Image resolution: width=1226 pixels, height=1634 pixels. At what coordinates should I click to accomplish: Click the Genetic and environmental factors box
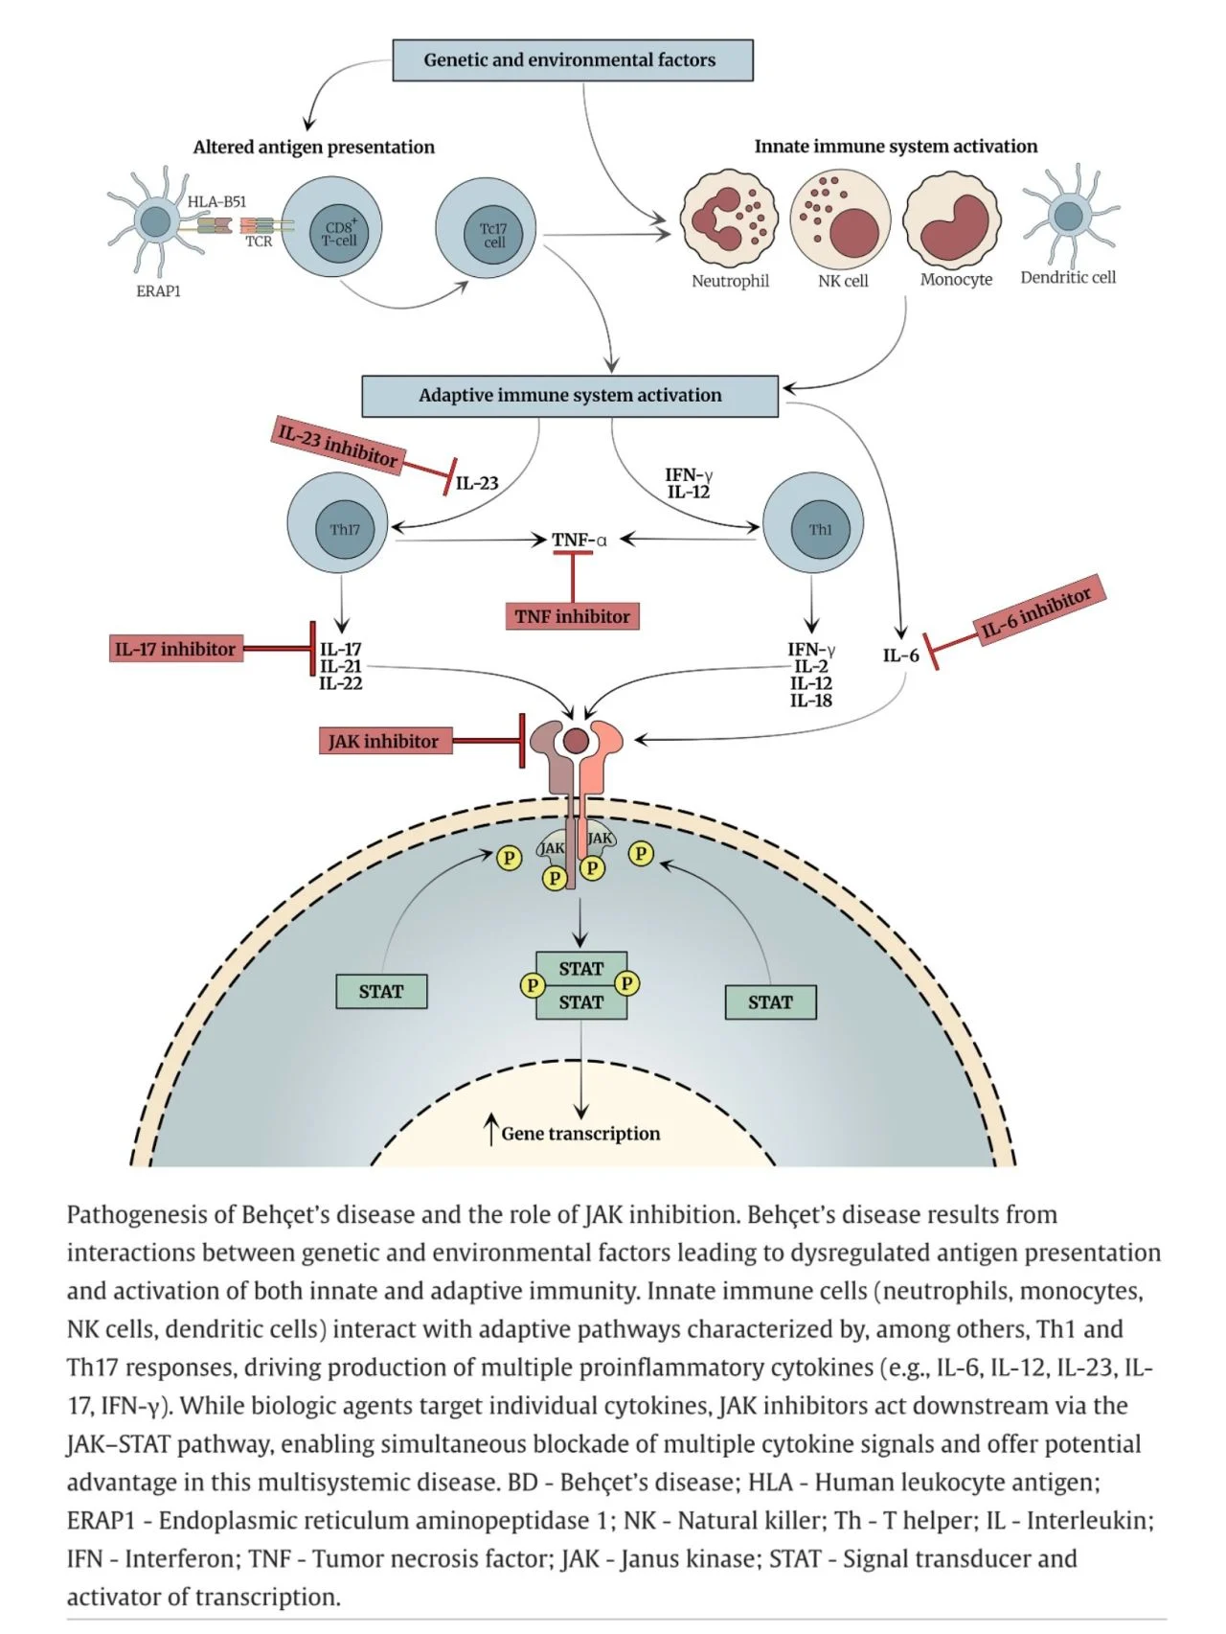click(573, 60)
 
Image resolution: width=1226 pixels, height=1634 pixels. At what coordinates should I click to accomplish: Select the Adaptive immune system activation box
click(570, 396)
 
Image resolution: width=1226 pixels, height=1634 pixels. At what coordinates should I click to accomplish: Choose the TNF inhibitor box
click(572, 616)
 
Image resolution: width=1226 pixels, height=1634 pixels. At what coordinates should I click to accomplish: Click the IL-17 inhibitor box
click(175, 649)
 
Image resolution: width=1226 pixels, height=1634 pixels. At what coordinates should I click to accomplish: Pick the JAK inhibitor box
click(384, 741)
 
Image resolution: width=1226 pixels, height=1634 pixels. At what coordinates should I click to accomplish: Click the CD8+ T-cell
click(331, 228)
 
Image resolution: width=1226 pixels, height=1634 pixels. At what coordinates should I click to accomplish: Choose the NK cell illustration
click(841, 219)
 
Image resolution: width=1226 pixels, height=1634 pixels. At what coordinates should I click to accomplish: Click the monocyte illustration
click(953, 219)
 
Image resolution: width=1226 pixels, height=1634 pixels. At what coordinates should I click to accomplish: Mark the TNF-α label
click(579, 540)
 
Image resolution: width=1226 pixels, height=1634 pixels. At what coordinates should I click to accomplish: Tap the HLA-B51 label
click(216, 201)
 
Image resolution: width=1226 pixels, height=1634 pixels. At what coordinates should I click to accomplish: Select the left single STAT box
click(381, 991)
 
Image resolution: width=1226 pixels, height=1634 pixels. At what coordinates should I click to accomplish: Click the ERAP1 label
click(158, 290)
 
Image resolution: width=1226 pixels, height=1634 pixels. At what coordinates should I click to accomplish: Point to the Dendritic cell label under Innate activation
click(1068, 277)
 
